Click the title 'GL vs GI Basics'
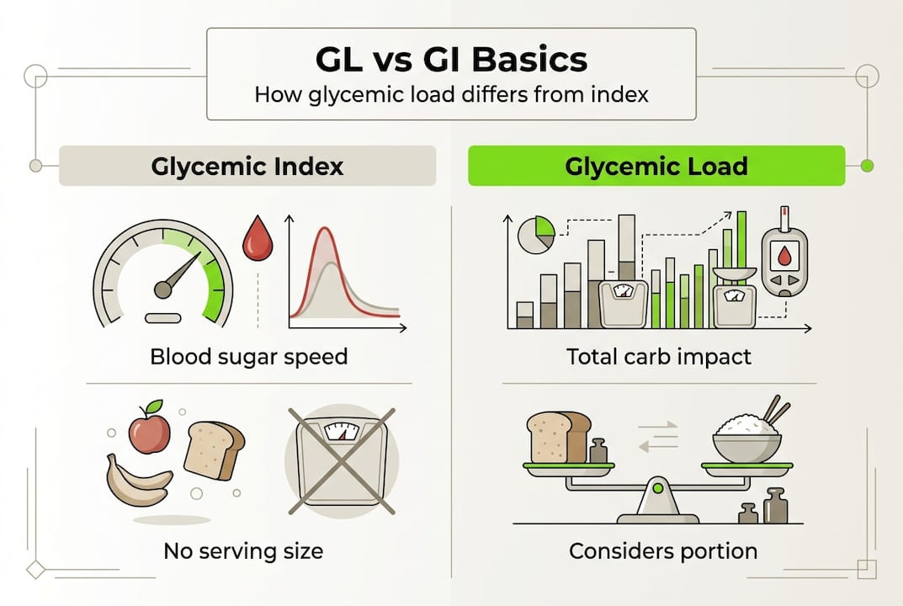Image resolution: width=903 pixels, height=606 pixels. pos(451,61)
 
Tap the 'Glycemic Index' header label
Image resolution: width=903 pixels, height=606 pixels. pos(247,166)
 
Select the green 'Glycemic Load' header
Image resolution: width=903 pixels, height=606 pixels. pos(656,166)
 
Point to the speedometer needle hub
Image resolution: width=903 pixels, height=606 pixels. pos(162,290)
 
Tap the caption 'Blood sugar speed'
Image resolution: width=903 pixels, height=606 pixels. pos(248,356)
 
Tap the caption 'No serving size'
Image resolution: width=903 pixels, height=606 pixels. pos(243,551)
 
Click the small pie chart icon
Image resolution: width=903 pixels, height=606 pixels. pos(535,234)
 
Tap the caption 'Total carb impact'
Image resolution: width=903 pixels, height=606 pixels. pos(659,356)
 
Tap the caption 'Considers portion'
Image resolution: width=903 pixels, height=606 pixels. pos(663,551)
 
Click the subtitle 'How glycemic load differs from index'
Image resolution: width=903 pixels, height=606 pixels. pos(451,93)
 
